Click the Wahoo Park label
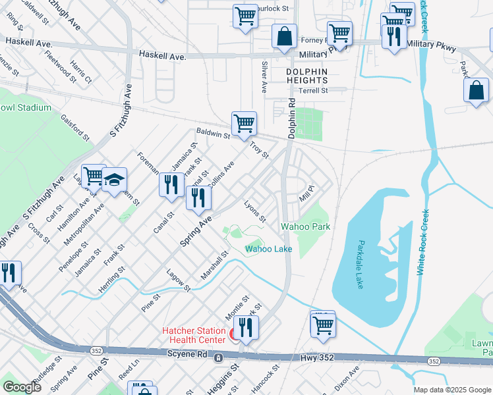click(x=305, y=226)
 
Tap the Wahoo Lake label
click(x=268, y=249)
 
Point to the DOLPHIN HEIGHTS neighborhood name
click(x=306, y=76)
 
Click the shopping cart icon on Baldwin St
click(x=244, y=123)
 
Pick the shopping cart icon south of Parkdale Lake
click(x=323, y=325)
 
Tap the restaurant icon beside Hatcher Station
click(x=246, y=329)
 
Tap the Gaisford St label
click(x=75, y=126)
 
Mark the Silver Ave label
click(x=264, y=77)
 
